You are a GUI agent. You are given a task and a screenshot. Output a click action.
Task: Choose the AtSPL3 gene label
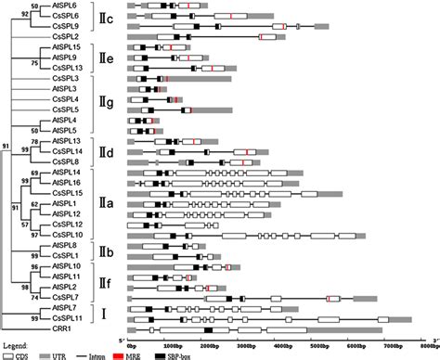(68, 89)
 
